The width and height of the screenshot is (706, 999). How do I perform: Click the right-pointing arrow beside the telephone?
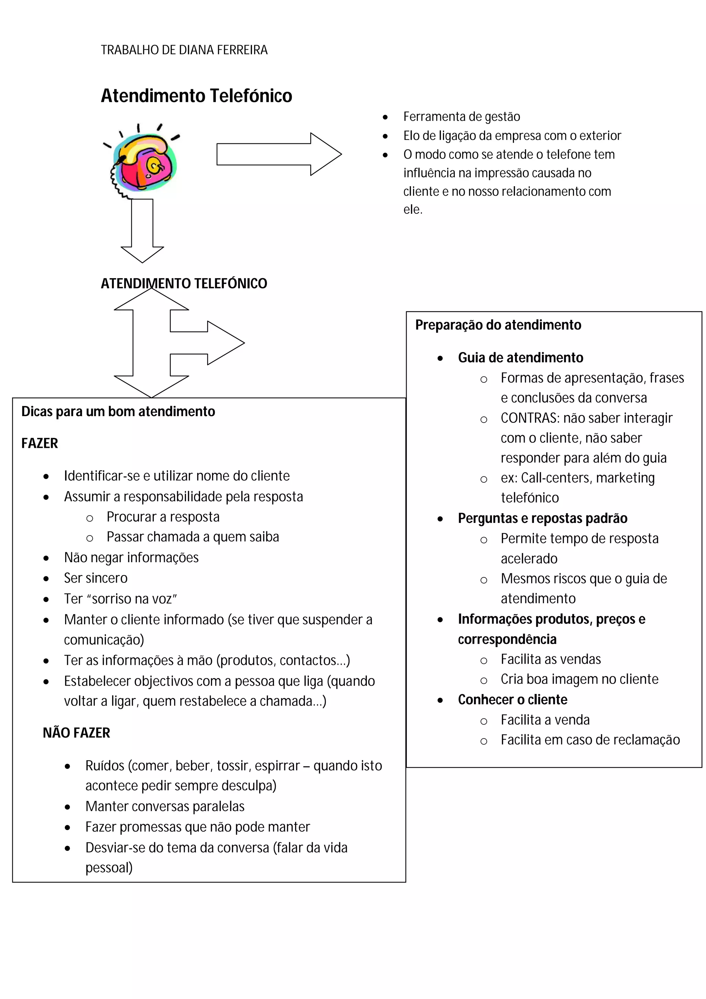pos(279,154)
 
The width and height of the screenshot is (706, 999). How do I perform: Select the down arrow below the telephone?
pos(142,231)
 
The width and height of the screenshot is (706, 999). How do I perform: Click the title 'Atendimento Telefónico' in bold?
pos(196,96)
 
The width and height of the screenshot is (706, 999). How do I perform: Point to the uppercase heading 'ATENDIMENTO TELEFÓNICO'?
pos(184,283)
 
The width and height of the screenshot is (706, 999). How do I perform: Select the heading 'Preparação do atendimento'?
pos(498,325)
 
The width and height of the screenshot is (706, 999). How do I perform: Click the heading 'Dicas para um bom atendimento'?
pos(118,411)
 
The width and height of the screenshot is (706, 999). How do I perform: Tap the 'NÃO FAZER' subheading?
pos(76,733)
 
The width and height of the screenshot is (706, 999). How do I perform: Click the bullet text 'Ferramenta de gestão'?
pos(461,117)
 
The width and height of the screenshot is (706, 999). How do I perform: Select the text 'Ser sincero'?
pos(96,578)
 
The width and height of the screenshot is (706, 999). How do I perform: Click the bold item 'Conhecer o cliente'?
pos(512,700)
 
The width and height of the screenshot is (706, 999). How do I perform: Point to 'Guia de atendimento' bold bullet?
pos(520,358)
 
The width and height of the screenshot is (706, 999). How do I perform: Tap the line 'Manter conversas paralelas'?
pos(165,806)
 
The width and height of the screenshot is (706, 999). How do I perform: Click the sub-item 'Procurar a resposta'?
pos(163,517)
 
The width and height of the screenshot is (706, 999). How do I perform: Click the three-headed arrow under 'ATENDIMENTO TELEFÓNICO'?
pos(152,343)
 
